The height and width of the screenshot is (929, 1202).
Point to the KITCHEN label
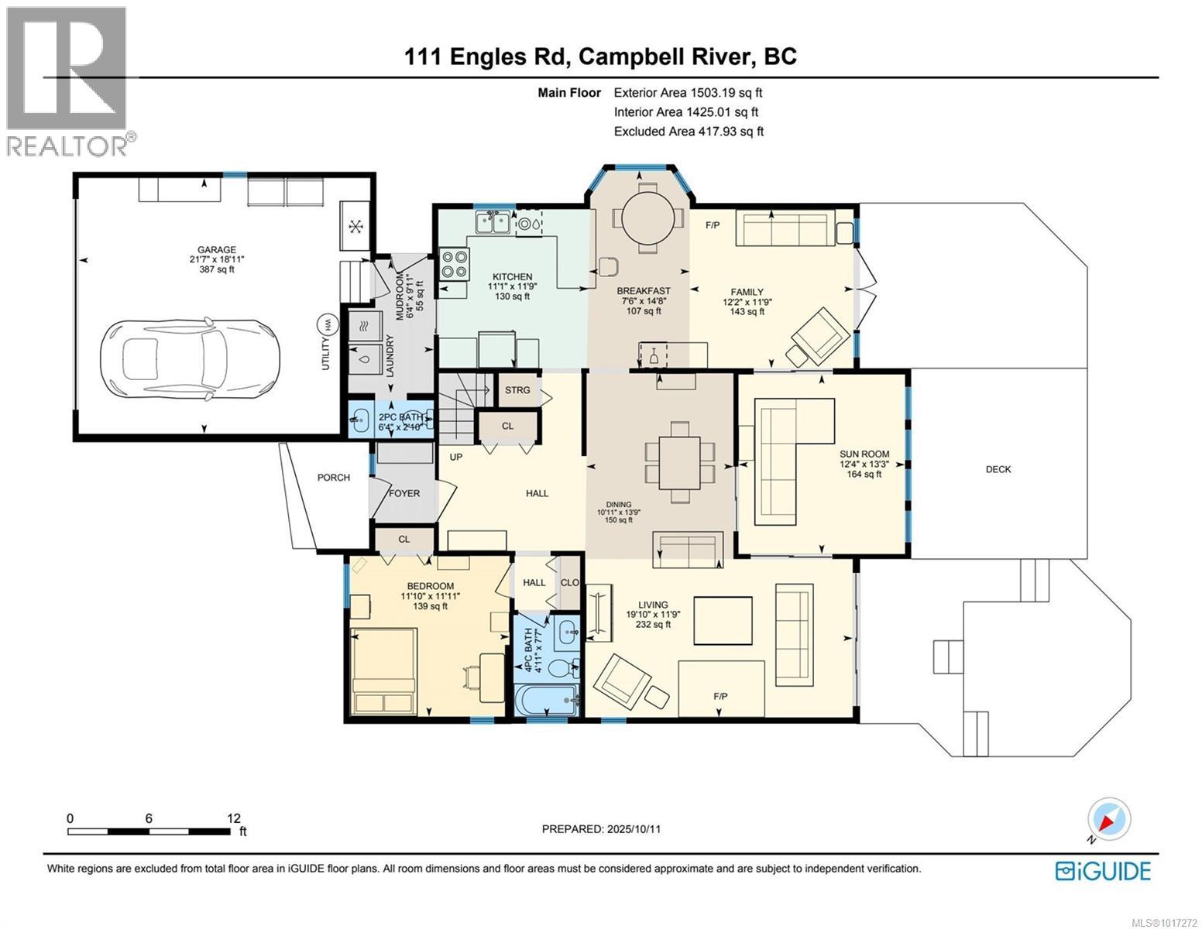point(513,276)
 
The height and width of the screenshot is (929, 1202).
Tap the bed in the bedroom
point(384,670)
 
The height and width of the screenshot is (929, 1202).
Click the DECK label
point(998,469)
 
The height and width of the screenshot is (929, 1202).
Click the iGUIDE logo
point(1103,870)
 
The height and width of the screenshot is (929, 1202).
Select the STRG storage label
point(517,389)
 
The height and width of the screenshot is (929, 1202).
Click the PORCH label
point(334,478)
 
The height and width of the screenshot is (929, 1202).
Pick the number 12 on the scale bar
point(234,818)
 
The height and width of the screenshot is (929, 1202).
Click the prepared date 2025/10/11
point(601,828)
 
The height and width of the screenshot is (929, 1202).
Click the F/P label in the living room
point(720,696)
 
